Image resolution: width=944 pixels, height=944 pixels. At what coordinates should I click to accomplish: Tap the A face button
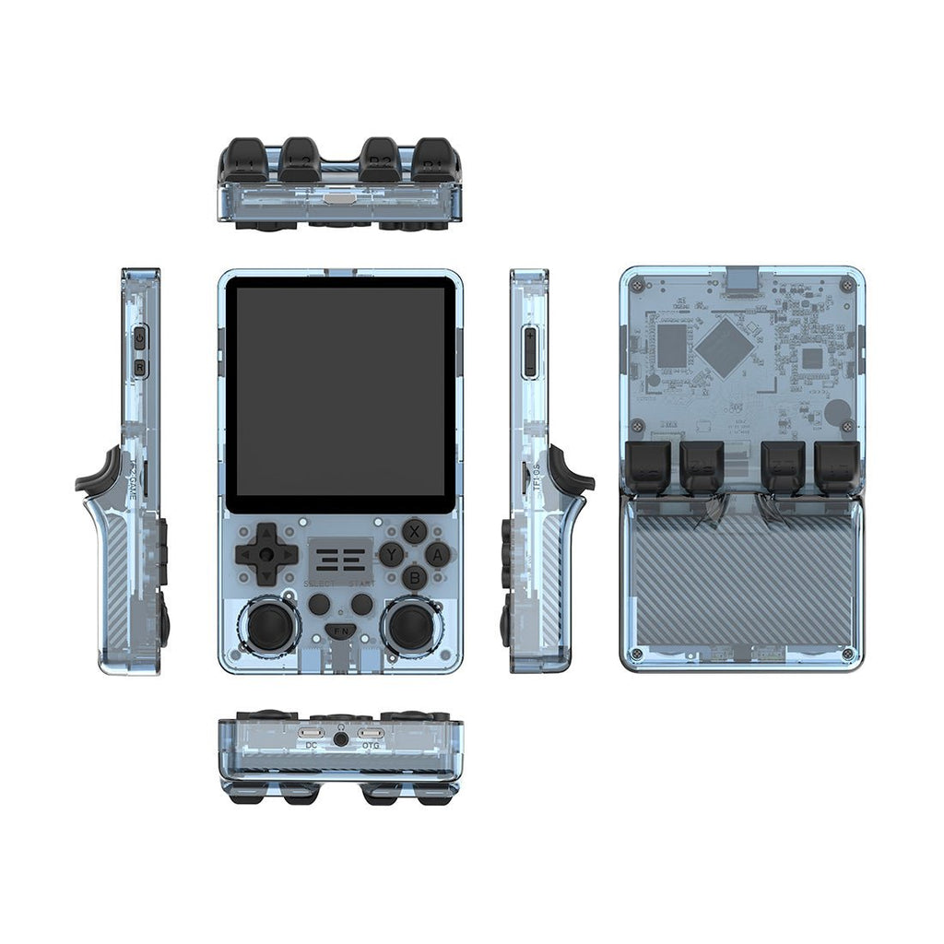438,554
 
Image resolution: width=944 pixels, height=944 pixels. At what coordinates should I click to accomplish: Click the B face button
415,577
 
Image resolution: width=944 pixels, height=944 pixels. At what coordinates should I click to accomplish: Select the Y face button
391,554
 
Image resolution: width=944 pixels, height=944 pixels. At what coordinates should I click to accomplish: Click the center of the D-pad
266,554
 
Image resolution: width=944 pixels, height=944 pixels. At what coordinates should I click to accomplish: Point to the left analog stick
269,626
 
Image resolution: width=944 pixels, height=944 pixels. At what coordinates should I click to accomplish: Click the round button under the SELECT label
319,605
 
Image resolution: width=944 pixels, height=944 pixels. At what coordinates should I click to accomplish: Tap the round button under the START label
362,605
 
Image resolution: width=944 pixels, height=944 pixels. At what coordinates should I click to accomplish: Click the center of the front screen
340,395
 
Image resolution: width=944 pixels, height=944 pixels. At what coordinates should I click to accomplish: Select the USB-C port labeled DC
311,734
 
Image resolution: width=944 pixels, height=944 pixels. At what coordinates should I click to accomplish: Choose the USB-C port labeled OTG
371,734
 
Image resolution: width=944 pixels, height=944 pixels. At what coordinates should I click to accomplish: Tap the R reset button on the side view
140,368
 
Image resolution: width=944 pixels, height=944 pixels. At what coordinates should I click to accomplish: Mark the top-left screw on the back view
637,286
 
